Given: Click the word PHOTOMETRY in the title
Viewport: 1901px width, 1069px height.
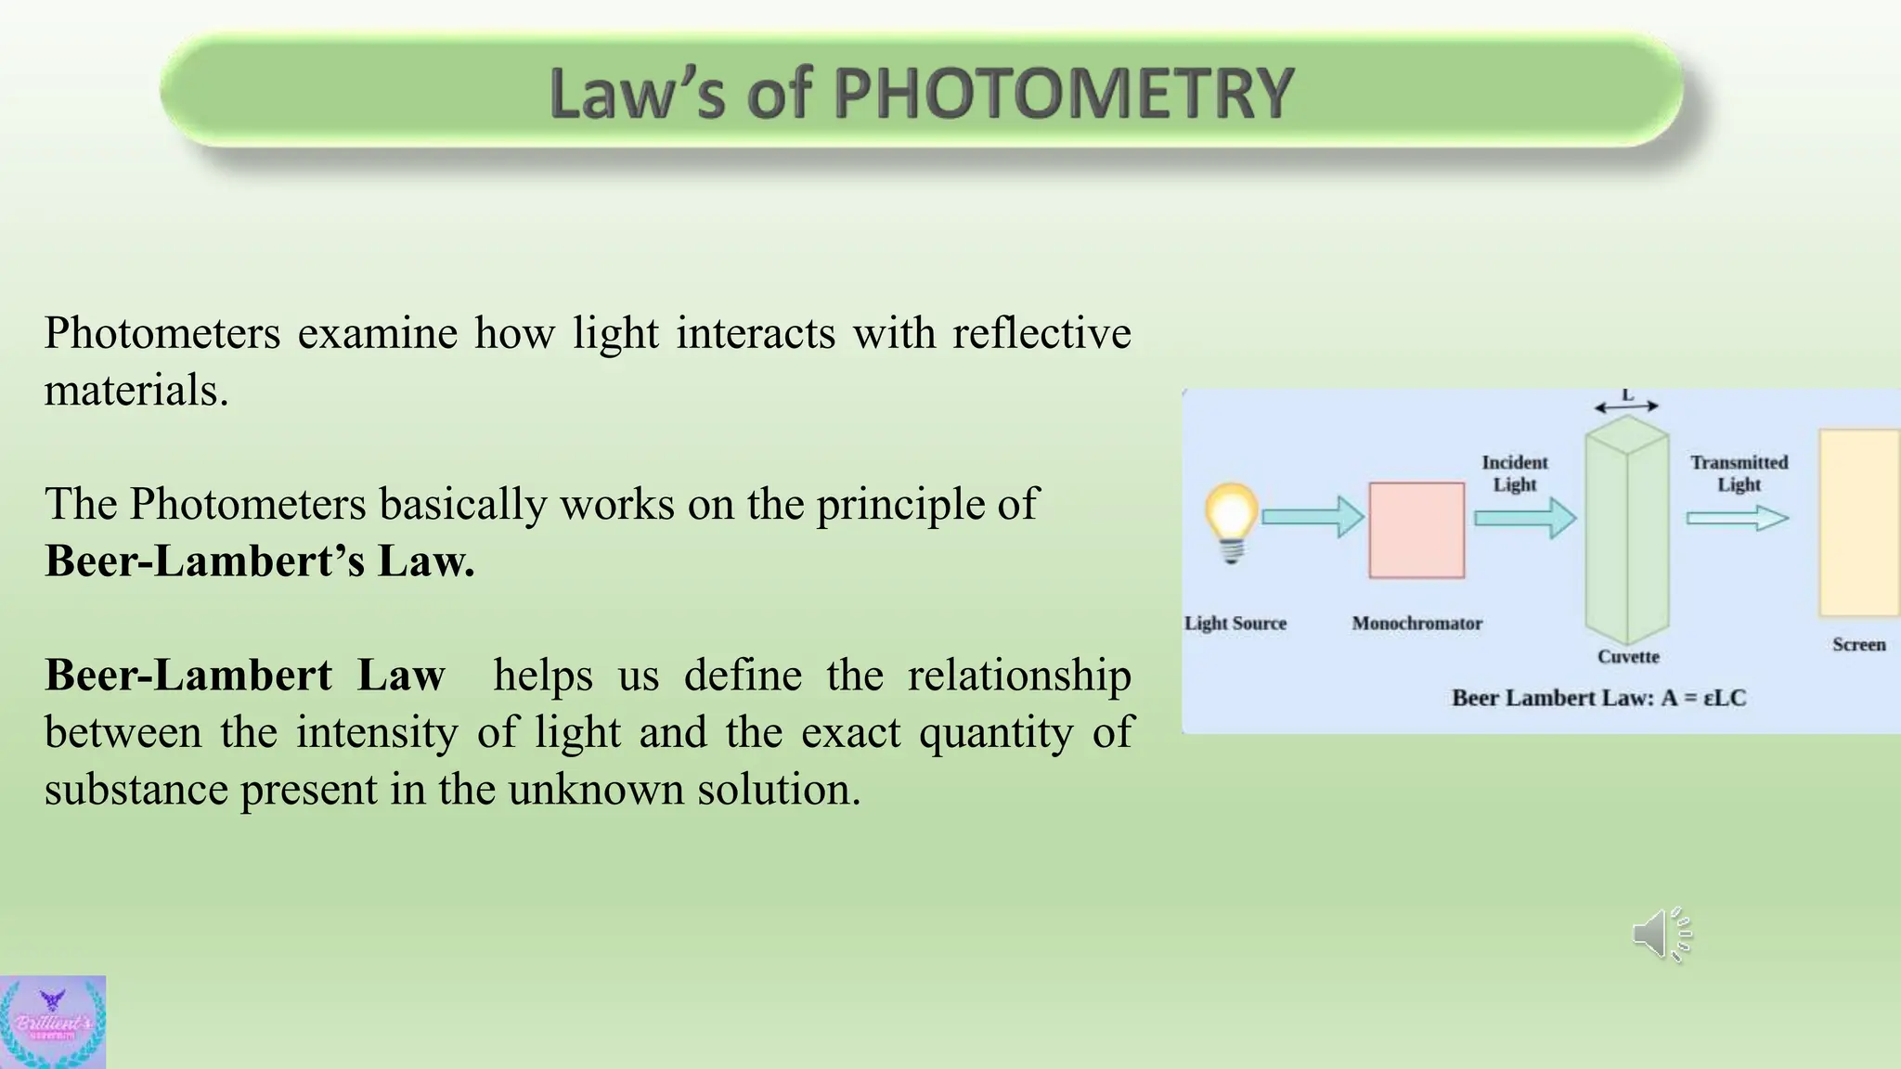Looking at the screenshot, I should (1063, 94).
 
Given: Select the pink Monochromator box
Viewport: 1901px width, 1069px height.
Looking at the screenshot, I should (1416, 530).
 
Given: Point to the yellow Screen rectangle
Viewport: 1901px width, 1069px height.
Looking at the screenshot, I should (1858, 522).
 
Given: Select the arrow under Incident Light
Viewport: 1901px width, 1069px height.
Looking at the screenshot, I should (1525, 518).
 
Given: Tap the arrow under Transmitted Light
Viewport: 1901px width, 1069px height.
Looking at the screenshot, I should (1737, 518).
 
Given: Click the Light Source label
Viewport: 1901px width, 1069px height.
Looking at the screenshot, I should (1235, 624).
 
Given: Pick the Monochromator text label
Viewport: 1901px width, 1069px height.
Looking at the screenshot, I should (1416, 624).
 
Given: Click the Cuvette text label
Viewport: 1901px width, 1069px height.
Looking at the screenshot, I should (1628, 657).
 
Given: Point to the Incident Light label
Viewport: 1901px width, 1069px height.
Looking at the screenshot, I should (1515, 473).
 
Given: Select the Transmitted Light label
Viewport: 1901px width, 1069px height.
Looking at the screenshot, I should (1739, 473).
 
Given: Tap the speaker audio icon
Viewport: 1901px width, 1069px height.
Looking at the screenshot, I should (1662, 934).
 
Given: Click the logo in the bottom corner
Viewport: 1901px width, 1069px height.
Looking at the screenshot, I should (53, 1022).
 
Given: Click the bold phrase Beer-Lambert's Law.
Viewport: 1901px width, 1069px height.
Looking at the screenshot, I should (260, 560).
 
